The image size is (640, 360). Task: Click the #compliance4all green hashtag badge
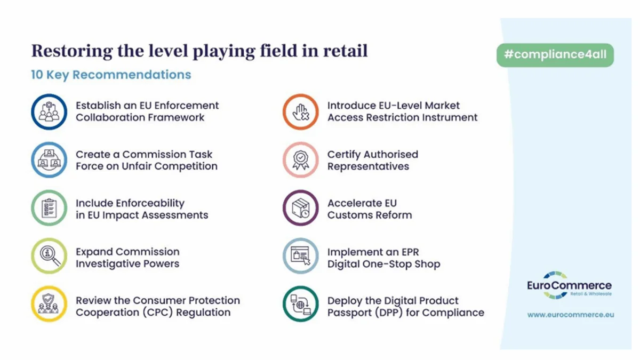pos(555,55)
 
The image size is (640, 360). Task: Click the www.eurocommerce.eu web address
pos(571,315)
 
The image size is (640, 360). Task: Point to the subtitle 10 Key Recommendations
pos(111,75)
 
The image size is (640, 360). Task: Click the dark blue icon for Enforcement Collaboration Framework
pos(49,111)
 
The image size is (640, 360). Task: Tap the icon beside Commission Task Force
pos(49,160)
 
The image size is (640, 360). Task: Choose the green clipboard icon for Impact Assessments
pos(49,209)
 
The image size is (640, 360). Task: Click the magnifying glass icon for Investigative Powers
pos(49,257)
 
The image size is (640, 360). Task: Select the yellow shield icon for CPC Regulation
pos(49,305)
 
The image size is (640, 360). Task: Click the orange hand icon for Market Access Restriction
pos(301,111)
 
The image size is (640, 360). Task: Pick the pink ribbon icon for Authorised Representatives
pos(301,160)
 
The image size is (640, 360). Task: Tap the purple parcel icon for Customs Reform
pos(301,209)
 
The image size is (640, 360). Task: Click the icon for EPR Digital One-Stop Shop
pos(301,257)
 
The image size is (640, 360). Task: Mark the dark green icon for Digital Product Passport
pos(301,305)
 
